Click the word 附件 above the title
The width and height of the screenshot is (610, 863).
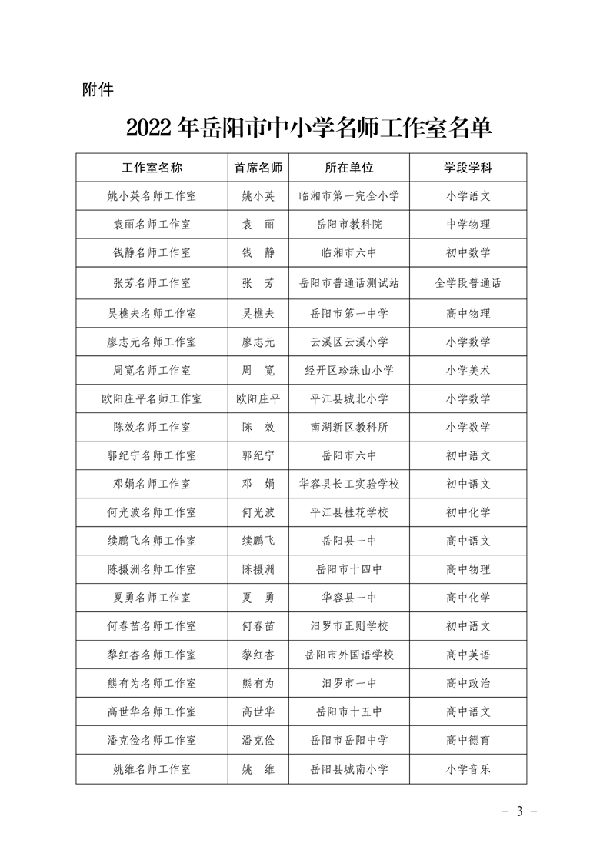point(98,90)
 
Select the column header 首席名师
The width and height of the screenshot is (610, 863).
point(258,168)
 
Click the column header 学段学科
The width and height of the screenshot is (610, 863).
point(468,168)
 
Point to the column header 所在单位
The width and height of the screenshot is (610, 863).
point(348,168)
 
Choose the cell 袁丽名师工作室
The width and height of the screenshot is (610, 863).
point(152,225)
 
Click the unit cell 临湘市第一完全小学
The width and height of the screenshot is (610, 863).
point(348,196)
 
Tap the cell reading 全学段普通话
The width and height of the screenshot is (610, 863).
point(468,282)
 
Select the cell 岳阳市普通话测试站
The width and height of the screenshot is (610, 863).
point(348,282)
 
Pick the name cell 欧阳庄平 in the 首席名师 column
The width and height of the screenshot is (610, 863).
point(258,398)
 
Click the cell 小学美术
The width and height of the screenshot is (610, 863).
point(468,370)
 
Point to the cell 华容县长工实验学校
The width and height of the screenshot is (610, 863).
point(348,485)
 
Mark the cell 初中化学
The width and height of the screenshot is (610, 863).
point(468,513)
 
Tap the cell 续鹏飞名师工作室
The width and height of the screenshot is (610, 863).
point(152,541)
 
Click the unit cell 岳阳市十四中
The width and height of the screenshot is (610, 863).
point(348,570)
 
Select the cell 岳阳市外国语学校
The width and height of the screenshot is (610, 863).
point(348,655)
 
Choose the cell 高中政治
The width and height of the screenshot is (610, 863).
point(468,683)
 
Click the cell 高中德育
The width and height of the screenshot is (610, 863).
point(468,740)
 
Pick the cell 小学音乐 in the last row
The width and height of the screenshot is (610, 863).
point(468,768)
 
